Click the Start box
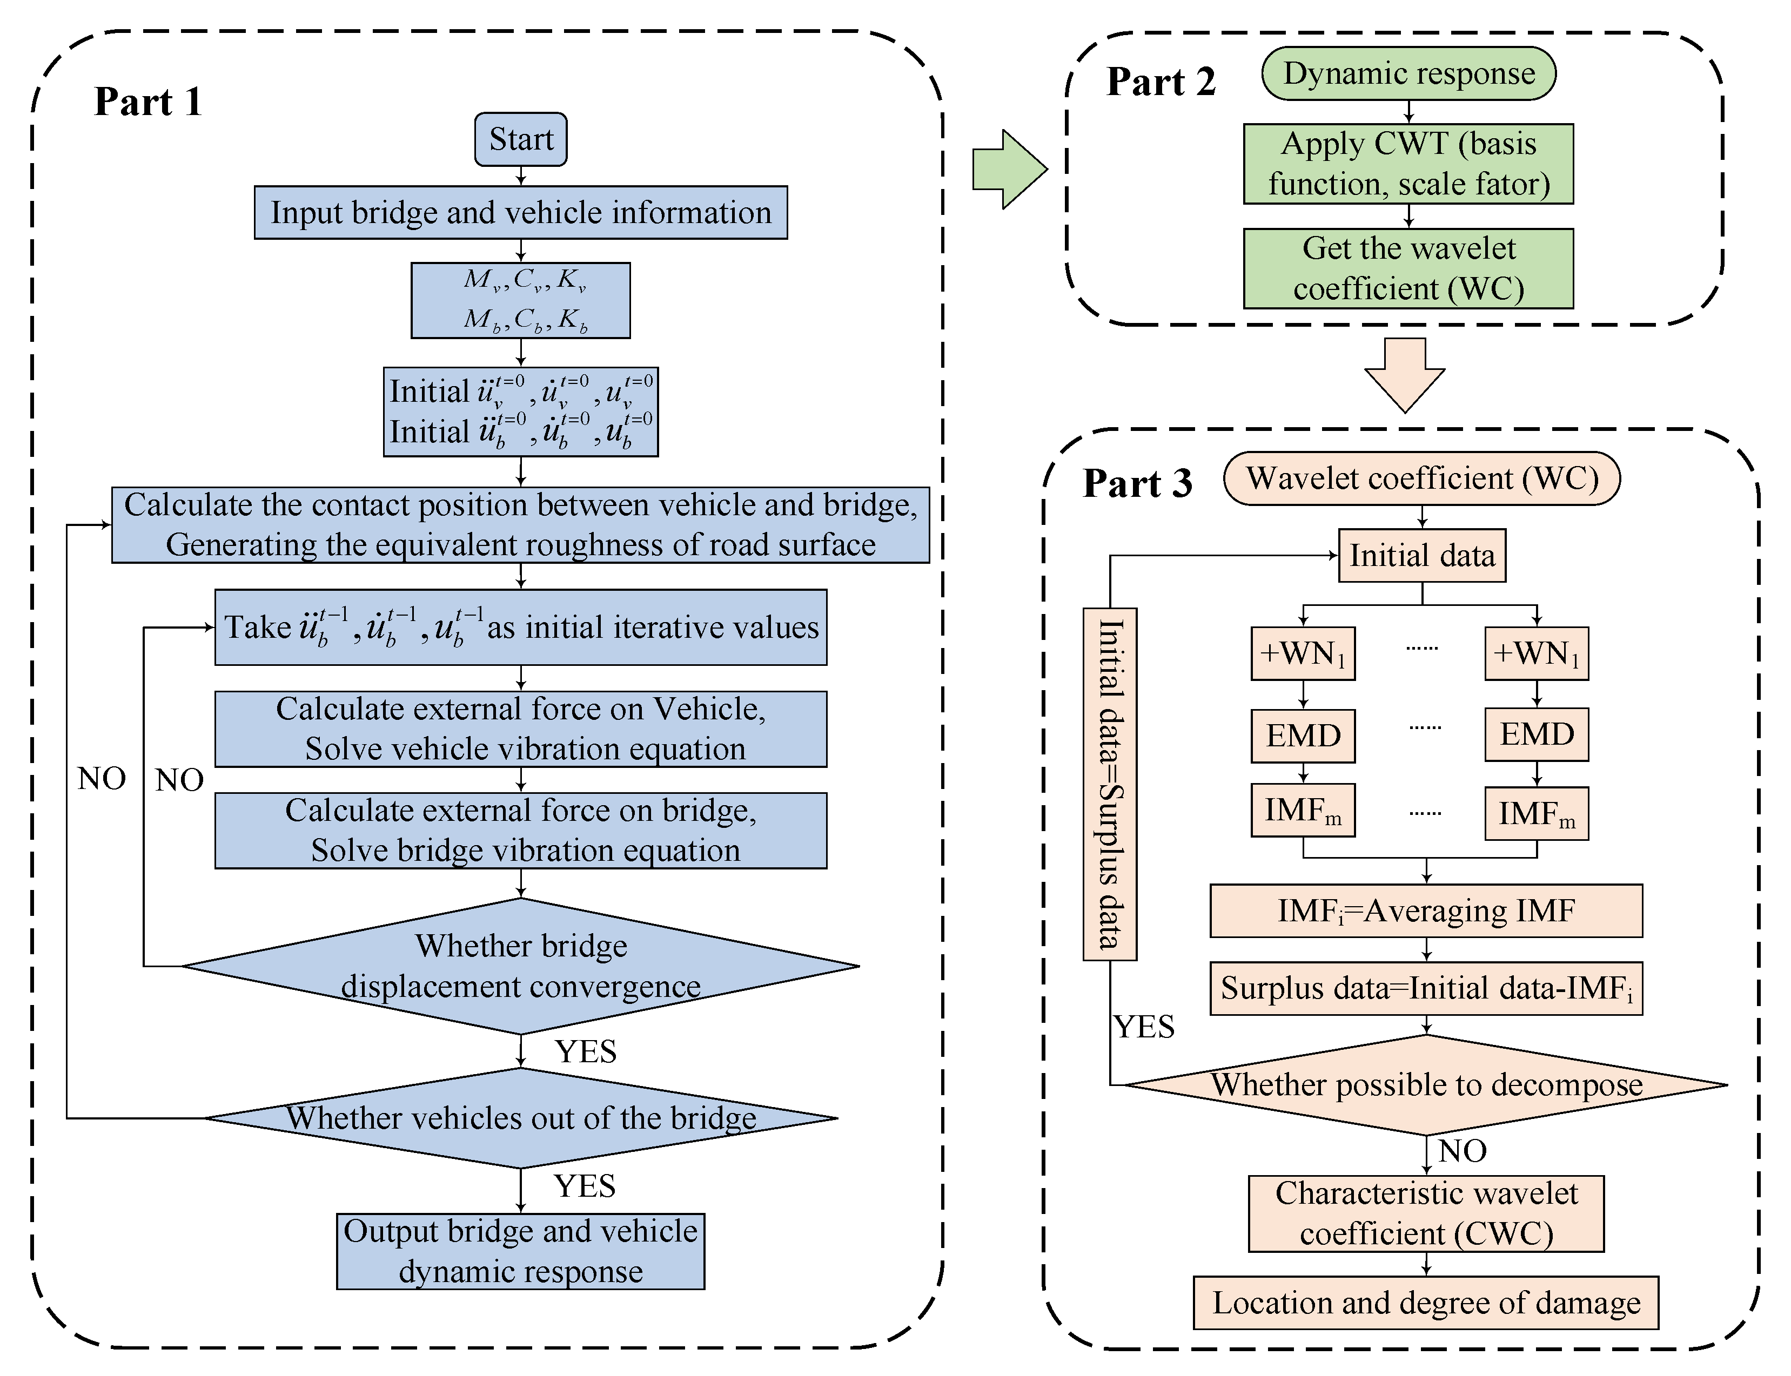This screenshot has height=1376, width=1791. [520, 139]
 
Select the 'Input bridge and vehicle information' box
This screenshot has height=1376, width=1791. [520, 212]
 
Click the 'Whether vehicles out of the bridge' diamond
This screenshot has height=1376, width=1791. [520, 1118]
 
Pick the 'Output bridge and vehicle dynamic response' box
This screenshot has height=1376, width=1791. [520, 1251]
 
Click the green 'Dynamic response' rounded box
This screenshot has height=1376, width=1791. [1408, 73]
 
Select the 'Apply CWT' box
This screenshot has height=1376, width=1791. [1408, 164]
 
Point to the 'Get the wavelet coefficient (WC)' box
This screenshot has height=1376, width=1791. [1408, 268]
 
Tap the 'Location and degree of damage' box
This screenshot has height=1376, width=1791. [1426, 1303]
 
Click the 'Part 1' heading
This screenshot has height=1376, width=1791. [147, 102]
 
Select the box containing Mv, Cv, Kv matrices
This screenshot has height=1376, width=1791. [520, 300]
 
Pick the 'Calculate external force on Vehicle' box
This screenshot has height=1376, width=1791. [520, 729]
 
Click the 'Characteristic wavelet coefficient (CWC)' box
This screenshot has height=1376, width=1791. [1426, 1214]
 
